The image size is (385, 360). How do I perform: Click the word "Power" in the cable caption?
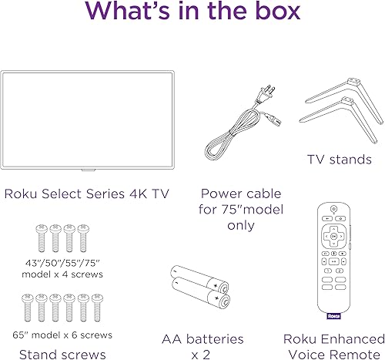219,193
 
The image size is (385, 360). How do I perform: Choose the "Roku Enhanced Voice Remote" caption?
333,346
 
